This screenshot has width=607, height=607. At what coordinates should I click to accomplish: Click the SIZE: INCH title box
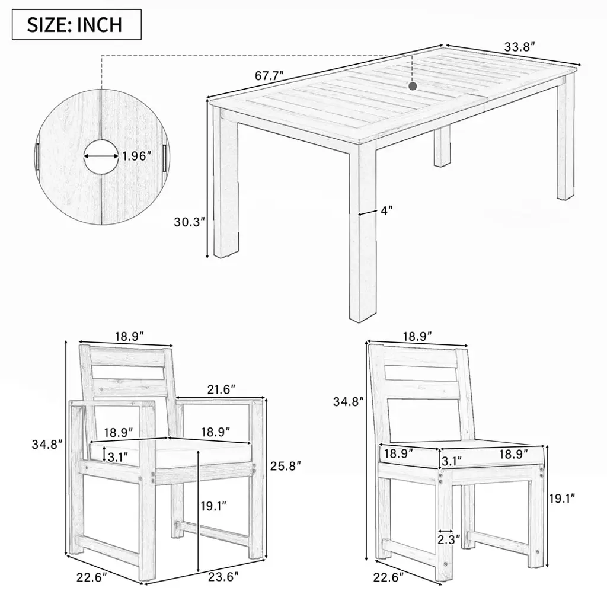[x=76, y=25]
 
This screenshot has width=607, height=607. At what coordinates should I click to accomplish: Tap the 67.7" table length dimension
[x=269, y=75]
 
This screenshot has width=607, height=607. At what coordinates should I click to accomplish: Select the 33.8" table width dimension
[x=519, y=47]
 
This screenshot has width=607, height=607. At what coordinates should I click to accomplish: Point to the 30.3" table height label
[x=189, y=222]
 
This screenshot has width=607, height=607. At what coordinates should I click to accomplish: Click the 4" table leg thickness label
[x=386, y=210]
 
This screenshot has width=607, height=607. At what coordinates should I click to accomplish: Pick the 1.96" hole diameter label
[x=136, y=156]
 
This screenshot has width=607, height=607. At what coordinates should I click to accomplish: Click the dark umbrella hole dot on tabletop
[x=413, y=86]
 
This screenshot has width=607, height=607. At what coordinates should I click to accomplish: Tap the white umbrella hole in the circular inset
[x=101, y=156]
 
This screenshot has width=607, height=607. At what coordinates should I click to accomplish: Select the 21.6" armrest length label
[x=221, y=389]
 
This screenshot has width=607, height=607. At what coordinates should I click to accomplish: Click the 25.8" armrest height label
[x=285, y=466]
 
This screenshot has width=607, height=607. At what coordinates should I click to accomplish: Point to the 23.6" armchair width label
[x=223, y=577]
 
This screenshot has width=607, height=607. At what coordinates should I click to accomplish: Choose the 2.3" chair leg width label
[x=449, y=539]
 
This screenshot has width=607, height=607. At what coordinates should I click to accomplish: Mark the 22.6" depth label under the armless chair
[x=388, y=577]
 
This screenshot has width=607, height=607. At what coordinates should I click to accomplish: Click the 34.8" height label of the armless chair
[x=349, y=402]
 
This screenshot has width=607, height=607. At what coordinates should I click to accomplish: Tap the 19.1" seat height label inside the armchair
[x=213, y=506]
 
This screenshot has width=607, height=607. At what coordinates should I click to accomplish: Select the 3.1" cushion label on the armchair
[x=118, y=457]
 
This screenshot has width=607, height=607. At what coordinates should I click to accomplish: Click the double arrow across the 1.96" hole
[x=101, y=156]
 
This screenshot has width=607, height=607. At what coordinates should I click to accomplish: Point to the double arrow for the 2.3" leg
[x=446, y=531]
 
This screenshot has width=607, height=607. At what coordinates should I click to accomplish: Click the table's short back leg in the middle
[x=442, y=147]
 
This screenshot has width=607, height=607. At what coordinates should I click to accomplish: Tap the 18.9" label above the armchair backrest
[x=129, y=336]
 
